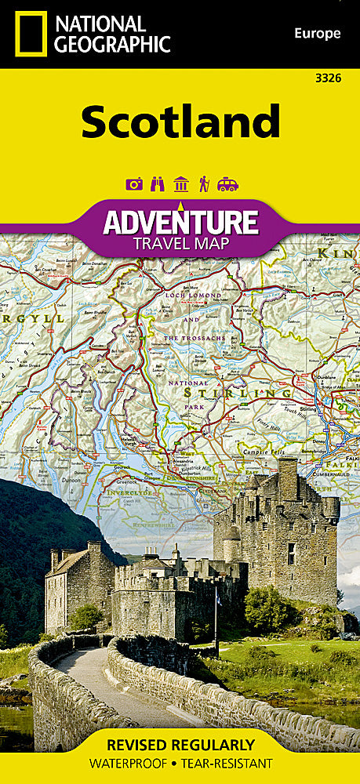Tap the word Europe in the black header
[x=318, y=33]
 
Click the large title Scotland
[x=180, y=122]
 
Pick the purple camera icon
[x=133, y=184]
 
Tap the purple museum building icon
[x=180, y=184]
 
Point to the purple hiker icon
[x=204, y=184]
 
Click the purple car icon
[x=227, y=184]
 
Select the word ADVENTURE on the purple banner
[x=180, y=222]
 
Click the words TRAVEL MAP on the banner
[x=180, y=243]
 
